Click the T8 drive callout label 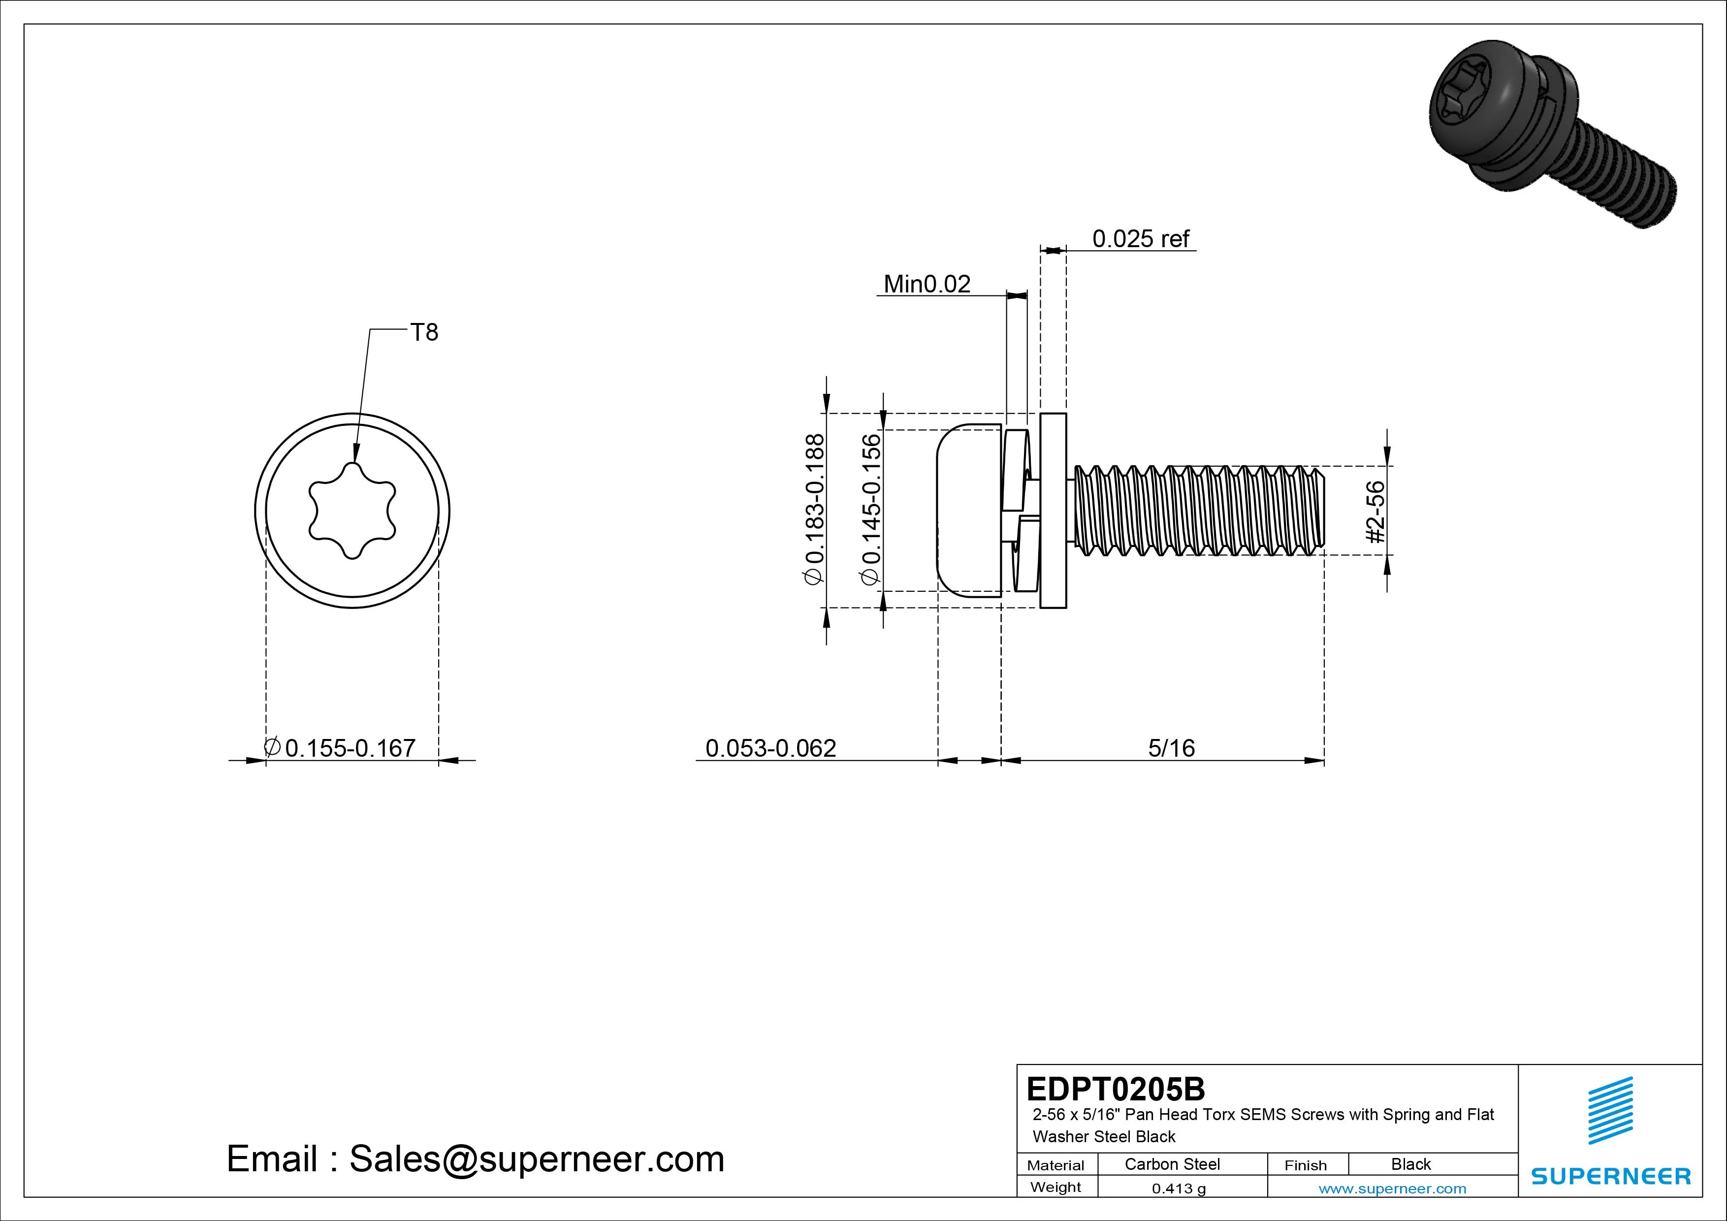423,332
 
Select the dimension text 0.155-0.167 350,748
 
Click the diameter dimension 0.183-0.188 815,509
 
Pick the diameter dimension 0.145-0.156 870,509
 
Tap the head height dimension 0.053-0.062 770,748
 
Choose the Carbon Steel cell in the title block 1172,1164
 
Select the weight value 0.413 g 1179,1189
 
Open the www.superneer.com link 1392,1189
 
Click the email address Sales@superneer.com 536,1158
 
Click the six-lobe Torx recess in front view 352,511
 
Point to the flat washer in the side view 1053,511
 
